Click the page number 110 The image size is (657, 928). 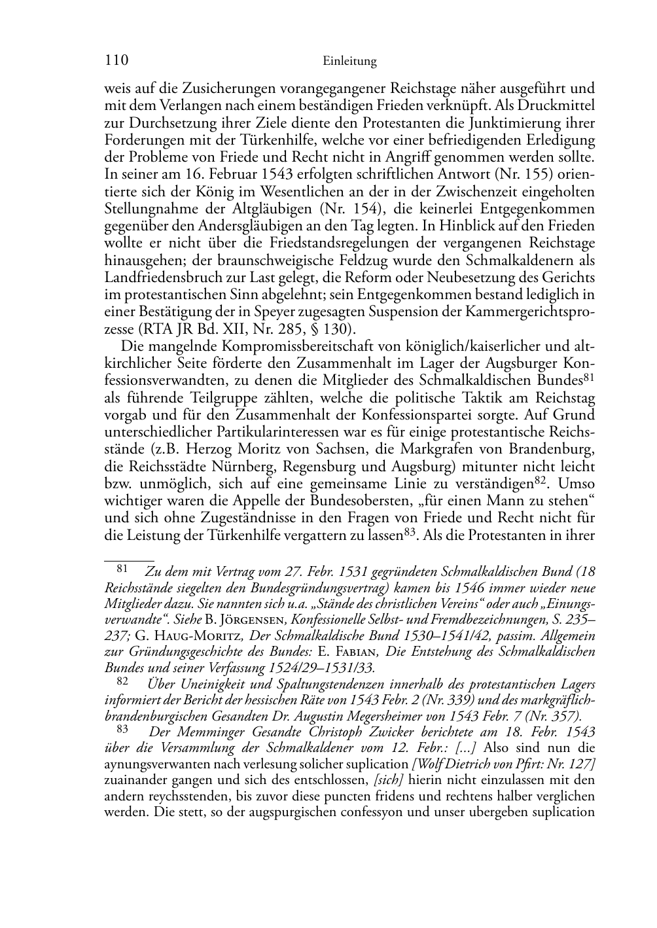115,61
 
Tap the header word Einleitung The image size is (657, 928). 350,62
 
